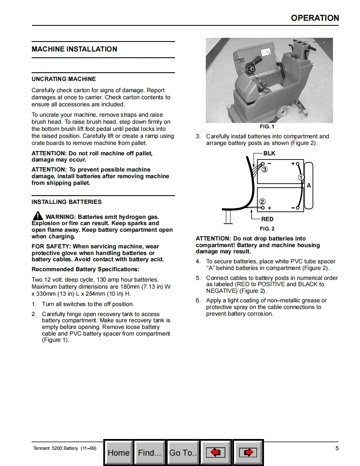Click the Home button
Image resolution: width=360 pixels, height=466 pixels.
pos(118,453)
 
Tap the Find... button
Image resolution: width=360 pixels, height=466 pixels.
pos(149,453)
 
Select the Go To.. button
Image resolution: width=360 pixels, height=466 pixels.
pos(182,453)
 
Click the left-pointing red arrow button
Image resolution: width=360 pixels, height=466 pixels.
pos(215,453)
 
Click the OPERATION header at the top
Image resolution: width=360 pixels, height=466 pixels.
pos(315,18)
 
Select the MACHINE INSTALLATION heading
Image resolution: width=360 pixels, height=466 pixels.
pos(74,49)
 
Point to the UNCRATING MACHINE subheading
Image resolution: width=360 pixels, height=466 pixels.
pos(64,79)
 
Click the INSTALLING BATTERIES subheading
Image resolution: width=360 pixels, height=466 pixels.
pos(67,202)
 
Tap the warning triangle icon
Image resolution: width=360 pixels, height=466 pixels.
pos(37,216)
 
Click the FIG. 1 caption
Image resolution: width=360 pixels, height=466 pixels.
pos(267,127)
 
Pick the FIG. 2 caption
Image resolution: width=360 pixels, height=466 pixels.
pos(267,229)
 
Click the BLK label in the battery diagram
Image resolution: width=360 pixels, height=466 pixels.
pos(269,153)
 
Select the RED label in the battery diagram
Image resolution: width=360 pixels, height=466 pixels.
pos(267,219)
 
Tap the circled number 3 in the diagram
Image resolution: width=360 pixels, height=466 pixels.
pos(265,169)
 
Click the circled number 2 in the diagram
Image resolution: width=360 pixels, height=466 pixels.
pos(262,202)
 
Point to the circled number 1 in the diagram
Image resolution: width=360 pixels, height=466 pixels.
pos(301,177)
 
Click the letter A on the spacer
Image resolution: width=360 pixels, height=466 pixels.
pos(309,186)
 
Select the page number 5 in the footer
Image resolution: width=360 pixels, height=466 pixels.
pos(337,448)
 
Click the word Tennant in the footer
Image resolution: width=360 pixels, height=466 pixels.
pos(41,449)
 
